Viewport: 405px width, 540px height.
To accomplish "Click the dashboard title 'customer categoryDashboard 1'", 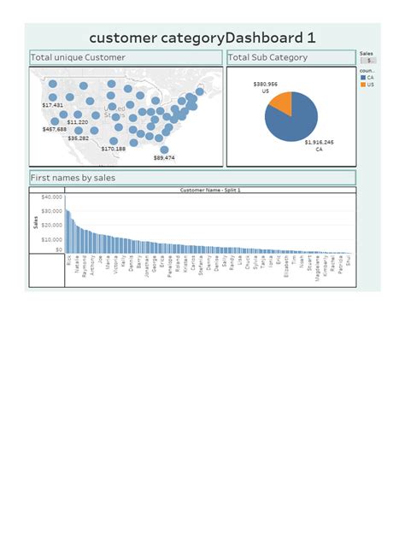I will click(x=202, y=38).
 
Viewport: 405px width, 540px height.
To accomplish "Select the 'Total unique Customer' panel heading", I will click(x=78, y=58).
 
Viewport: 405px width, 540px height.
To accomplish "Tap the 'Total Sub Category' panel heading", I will click(x=268, y=58).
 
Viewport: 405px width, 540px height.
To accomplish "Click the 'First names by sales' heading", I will click(x=73, y=178).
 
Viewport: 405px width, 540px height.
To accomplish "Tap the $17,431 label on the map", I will click(x=52, y=104).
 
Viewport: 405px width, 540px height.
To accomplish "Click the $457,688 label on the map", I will click(x=56, y=129).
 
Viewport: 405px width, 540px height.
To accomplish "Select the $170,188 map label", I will click(x=113, y=149).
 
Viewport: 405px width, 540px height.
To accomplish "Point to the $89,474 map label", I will click(x=164, y=157).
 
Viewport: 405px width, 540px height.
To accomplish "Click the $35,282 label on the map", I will click(x=78, y=138).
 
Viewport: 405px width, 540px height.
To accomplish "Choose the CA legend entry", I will click(x=369, y=77).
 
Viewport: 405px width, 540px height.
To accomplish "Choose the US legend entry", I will click(x=369, y=85).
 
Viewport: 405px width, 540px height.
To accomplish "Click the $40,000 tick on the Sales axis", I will click(x=51, y=197).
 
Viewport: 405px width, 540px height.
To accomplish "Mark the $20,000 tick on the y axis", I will click(x=51, y=225).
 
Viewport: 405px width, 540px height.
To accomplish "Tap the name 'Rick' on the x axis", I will click(x=68, y=259).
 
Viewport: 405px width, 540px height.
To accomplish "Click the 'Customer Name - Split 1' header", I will click(x=210, y=191).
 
